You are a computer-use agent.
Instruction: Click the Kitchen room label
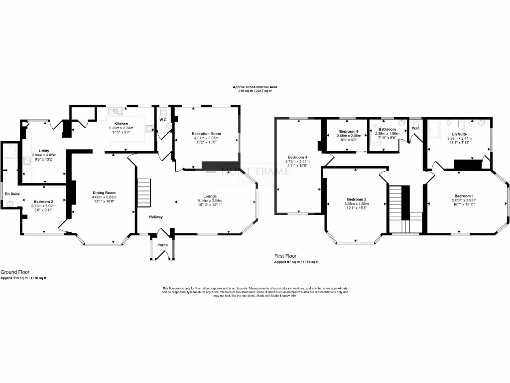click(x=122, y=124)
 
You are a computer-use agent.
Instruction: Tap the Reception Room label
click(x=206, y=134)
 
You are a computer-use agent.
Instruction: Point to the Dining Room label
click(x=104, y=192)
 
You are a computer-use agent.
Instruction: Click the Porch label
click(x=162, y=245)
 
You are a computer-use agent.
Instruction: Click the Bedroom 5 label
click(x=348, y=132)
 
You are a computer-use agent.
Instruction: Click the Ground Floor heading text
click(x=14, y=272)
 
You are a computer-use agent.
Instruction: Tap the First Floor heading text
click(x=285, y=256)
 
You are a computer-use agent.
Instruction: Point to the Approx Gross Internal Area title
click(x=255, y=87)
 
